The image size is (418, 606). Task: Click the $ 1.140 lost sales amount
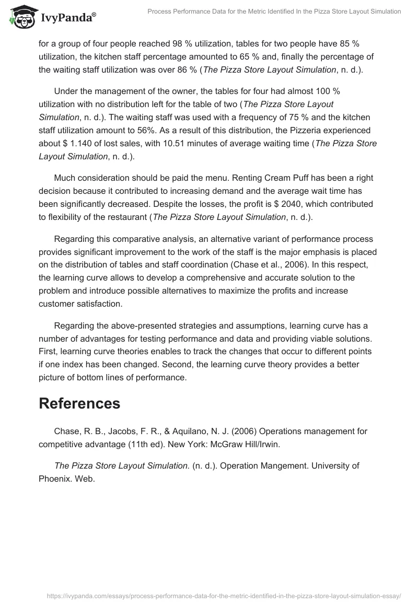[83, 144]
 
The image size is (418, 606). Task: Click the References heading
[79, 403]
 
